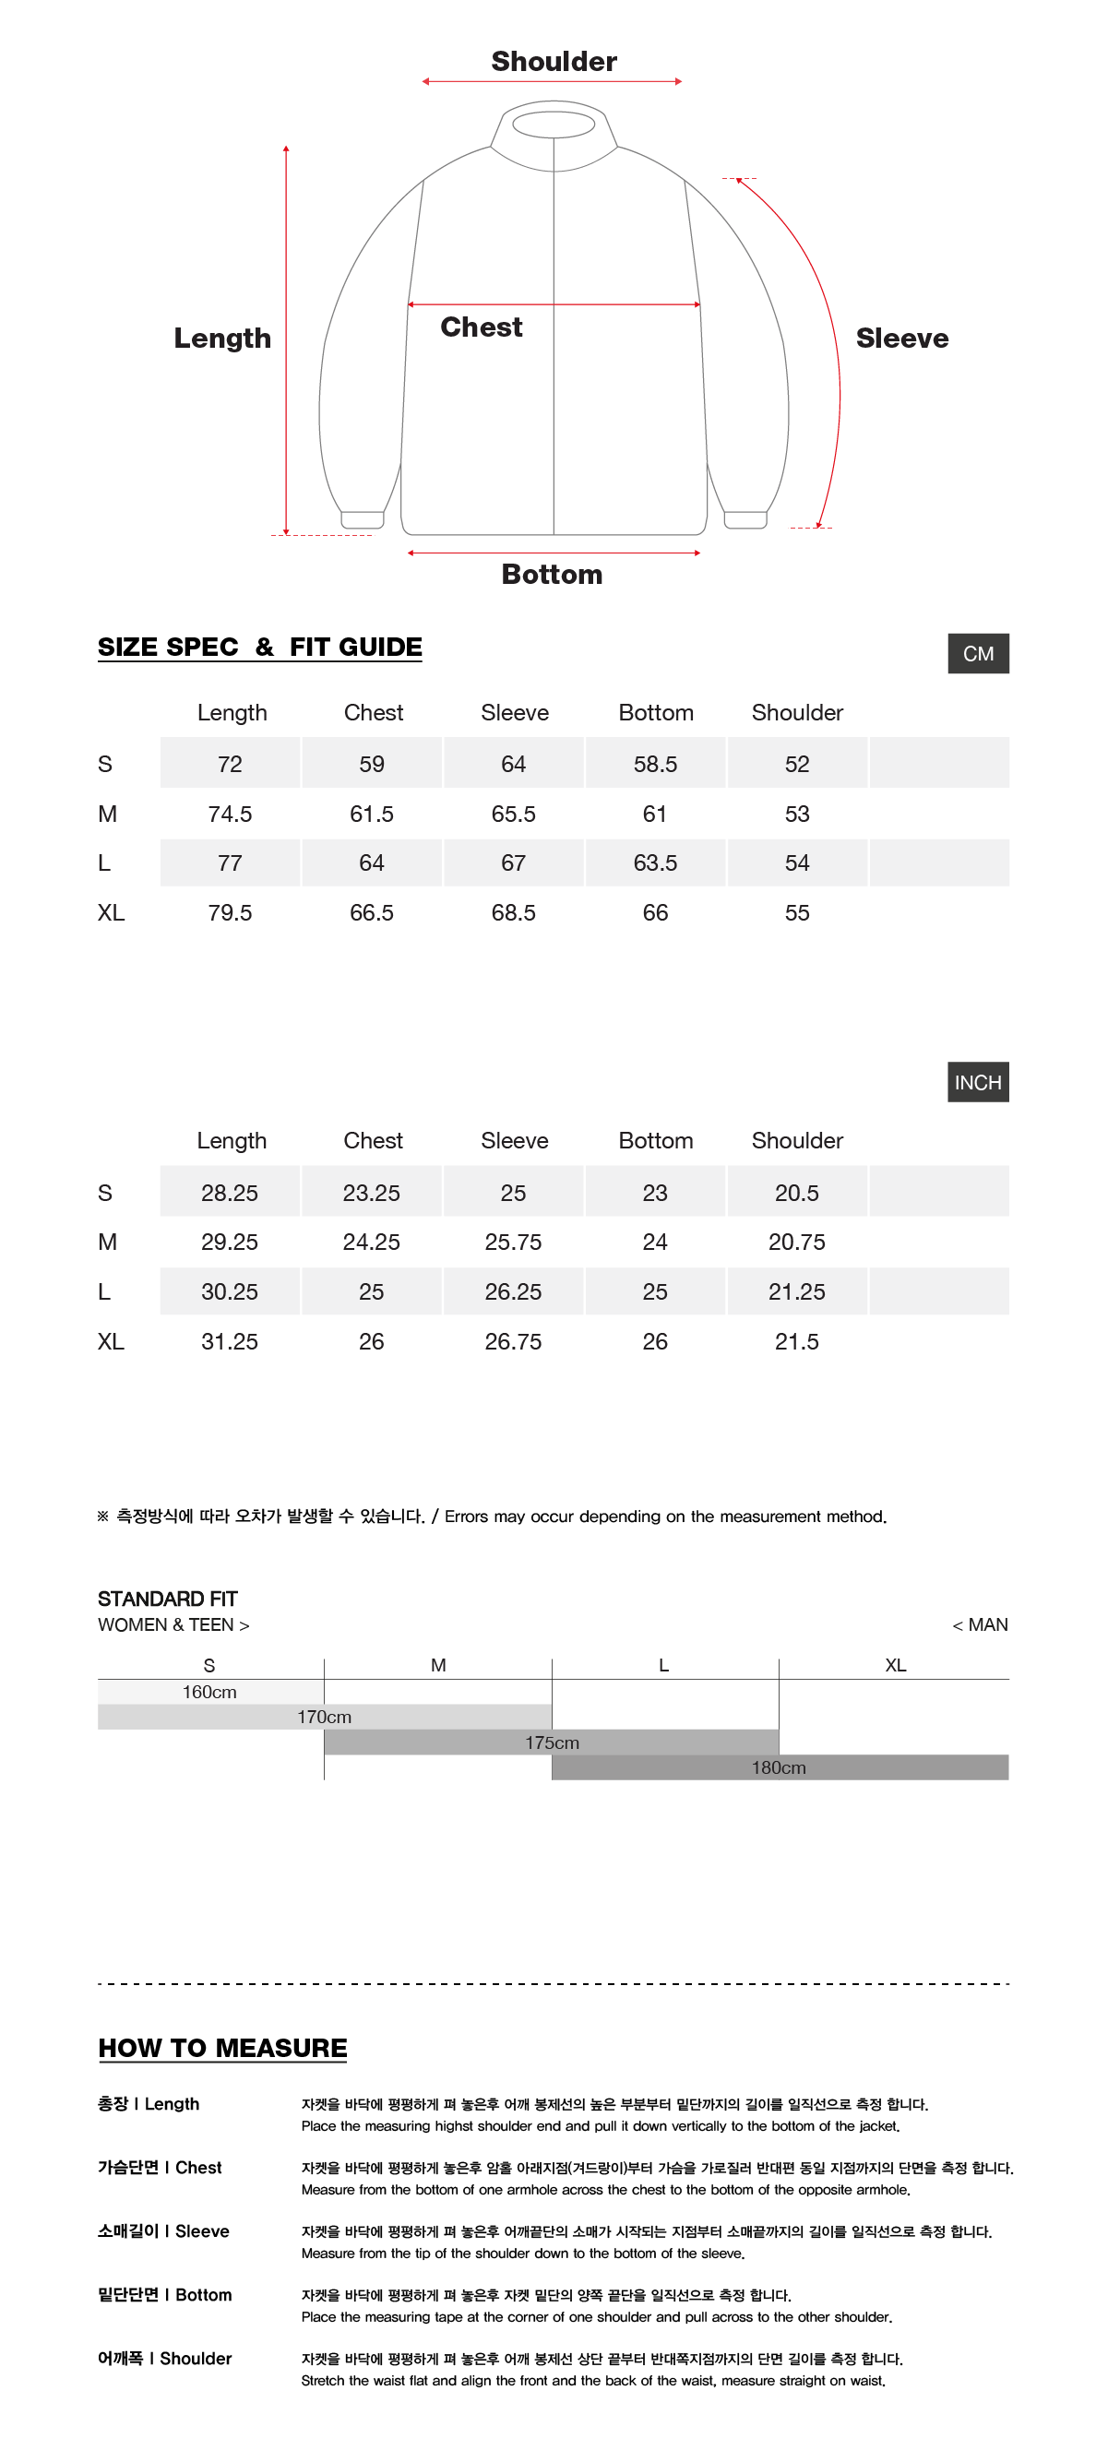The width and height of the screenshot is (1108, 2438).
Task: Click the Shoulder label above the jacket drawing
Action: (x=554, y=62)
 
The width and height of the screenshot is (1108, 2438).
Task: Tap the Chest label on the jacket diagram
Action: (x=481, y=327)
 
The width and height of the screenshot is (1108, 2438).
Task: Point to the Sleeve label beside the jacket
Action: (x=900, y=338)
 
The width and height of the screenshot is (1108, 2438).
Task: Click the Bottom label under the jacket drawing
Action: (x=552, y=575)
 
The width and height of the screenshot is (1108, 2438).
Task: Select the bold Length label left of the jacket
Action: (x=222, y=338)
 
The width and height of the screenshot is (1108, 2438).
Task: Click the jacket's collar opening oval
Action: (x=554, y=124)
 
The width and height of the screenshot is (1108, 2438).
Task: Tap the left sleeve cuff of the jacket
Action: (x=363, y=519)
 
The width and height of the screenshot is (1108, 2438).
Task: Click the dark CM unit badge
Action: (x=977, y=654)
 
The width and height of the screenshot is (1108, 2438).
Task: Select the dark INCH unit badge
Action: (x=977, y=1083)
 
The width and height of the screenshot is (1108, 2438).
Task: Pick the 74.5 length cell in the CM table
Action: (x=230, y=814)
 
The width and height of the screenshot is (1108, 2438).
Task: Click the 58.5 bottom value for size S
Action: (x=655, y=764)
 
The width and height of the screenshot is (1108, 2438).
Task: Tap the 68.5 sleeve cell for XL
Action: (x=513, y=913)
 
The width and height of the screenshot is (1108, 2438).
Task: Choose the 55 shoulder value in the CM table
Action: (x=797, y=913)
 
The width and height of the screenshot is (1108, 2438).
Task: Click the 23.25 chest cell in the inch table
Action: (x=371, y=1193)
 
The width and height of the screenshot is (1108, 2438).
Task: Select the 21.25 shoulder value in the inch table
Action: (x=797, y=1292)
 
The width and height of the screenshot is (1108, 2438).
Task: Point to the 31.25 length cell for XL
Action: (x=229, y=1341)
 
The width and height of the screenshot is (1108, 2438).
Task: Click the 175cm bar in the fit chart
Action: (x=552, y=1742)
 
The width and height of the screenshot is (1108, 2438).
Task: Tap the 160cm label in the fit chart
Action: (x=209, y=1693)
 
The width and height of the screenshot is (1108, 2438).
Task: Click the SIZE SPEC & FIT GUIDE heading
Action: (x=260, y=648)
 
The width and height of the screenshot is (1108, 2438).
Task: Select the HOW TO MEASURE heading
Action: (x=222, y=2048)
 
